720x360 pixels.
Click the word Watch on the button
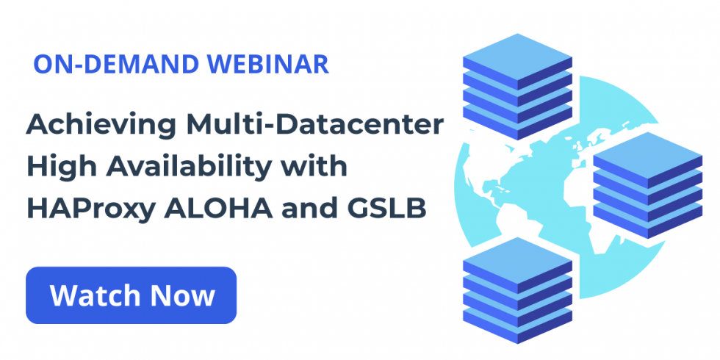coord(97,295)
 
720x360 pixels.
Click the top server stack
coord(517,87)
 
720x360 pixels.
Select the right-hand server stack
coord(648,185)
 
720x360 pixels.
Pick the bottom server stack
coord(517,290)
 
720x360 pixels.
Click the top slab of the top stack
coord(517,62)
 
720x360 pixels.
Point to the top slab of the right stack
coord(648,160)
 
